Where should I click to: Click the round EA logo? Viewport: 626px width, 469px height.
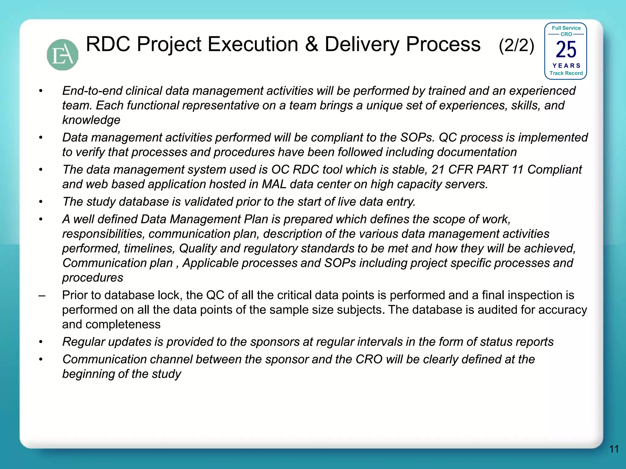[x=62, y=55]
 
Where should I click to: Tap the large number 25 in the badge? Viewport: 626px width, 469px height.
[x=566, y=50]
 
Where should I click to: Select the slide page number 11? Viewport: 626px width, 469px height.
[x=614, y=449]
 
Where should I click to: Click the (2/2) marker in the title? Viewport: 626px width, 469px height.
[x=517, y=46]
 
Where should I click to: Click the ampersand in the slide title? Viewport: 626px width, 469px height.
[x=311, y=44]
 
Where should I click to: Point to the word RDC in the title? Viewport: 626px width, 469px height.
[x=109, y=44]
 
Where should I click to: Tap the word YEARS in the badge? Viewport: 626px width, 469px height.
[x=566, y=66]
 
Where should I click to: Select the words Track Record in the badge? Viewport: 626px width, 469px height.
[x=566, y=73]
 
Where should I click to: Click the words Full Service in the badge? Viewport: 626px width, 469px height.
[x=566, y=28]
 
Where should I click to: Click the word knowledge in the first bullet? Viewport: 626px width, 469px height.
[x=91, y=120]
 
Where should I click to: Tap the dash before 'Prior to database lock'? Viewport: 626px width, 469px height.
[x=42, y=296]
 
